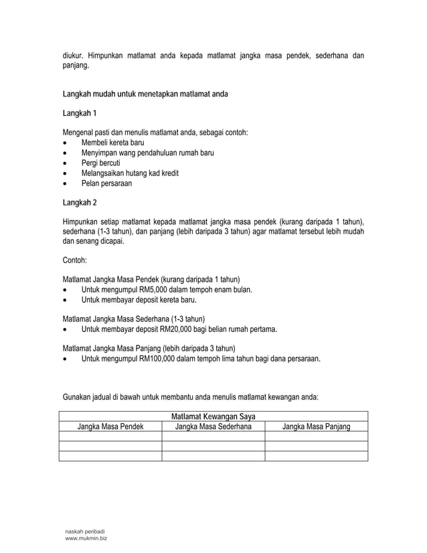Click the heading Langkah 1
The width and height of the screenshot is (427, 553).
80,113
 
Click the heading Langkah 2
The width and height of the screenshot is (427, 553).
80,202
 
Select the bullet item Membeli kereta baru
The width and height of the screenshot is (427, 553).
112,143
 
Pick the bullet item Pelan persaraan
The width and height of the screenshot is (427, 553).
106,183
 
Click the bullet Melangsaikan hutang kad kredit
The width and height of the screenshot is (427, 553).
130,173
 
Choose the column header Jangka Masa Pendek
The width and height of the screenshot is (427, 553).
110,426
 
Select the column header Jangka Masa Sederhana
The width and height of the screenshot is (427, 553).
213,426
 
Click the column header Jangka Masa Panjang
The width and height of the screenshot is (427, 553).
316,426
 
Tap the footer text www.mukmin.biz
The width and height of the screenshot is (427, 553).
85,538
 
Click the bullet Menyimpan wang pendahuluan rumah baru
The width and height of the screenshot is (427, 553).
147,153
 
